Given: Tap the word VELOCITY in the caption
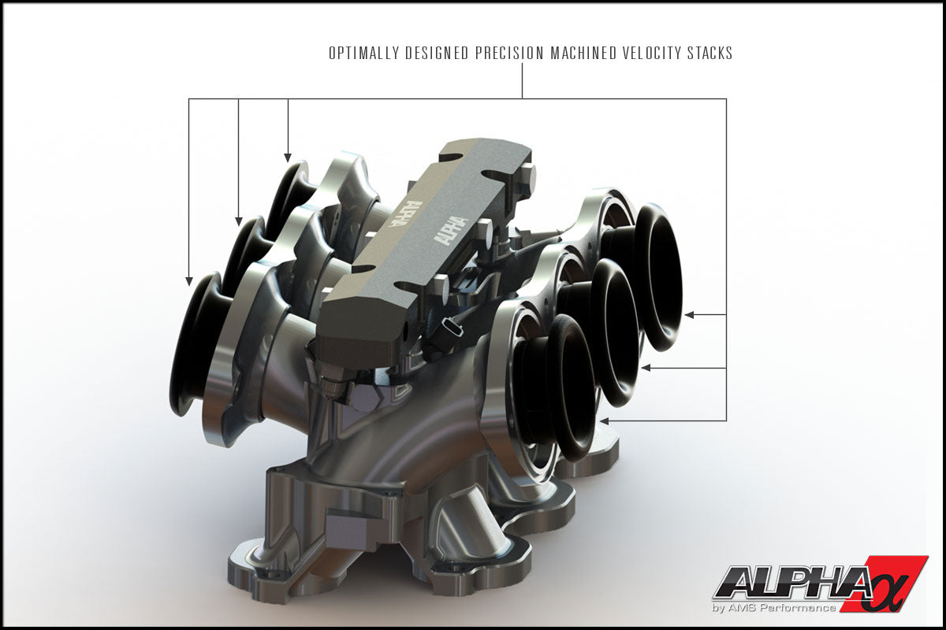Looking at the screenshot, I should pyautogui.click(x=651, y=54).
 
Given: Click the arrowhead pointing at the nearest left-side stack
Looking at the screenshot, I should pyautogui.click(x=189, y=280).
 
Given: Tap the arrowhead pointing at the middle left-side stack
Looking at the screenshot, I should pyautogui.click(x=238, y=220).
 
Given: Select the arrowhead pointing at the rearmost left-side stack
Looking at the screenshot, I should pyautogui.click(x=288, y=157).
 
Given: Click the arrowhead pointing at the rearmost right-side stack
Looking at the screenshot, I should pyautogui.click(x=688, y=315).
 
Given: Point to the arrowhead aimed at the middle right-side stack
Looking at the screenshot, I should pyautogui.click(x=646, y=368).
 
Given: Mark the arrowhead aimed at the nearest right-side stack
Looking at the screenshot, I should pyautogui.click(x=604, y=421).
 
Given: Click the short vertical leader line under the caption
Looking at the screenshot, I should pyautogui.click(x=522, y=81).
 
